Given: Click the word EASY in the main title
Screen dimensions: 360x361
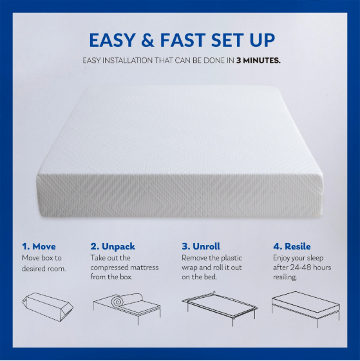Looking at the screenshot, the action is [x=111, y=40].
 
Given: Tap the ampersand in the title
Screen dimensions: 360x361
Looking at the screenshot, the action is [x=147, y=40].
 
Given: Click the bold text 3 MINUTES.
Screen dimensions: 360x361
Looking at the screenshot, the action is [x=258, y=61].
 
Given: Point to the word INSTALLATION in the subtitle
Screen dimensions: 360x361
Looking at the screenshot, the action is [x=128, y=61].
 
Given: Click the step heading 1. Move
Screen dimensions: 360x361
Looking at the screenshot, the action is [x=39, y=246].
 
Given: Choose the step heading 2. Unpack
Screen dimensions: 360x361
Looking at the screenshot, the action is [x=113, y=247].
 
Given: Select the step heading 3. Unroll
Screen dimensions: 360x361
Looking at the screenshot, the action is [x=201, y=246].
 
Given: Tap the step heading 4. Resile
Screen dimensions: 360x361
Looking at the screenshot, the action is [x=292, y=246].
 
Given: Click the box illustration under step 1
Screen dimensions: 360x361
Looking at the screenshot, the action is [x=48, y=307].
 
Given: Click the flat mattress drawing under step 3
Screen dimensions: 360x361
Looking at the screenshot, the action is [x=220, y=304].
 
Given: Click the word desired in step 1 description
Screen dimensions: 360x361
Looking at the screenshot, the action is [x=33, y=268].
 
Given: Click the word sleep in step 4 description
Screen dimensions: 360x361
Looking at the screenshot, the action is [x=315, y=259].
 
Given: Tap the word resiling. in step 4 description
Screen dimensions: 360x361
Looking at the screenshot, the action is [x=285, y=277].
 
